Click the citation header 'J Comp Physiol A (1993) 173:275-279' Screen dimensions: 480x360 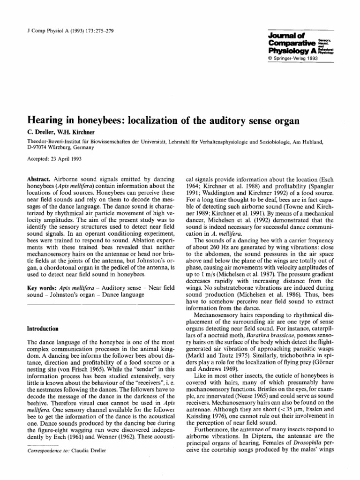click(x=67, y=31)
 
